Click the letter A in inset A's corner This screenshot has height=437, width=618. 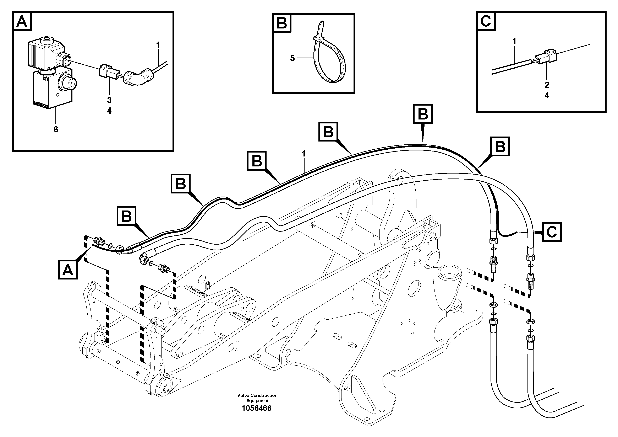(x=22, y=22)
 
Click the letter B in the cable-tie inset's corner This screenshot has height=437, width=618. (x=282, y=23)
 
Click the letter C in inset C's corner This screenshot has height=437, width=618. (x=486, y=21)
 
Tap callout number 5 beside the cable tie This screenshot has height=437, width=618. (x=292, y=58)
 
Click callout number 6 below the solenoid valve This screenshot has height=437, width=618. (x=56, y=130)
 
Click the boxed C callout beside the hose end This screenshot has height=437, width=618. (x=552, y=232)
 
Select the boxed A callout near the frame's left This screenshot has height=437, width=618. (x=68, y=270)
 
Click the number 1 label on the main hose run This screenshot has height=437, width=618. (x=304, y=154)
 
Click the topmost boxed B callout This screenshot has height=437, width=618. (x=423, y=114)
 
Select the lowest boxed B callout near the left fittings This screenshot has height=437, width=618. (x=126, y=216)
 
